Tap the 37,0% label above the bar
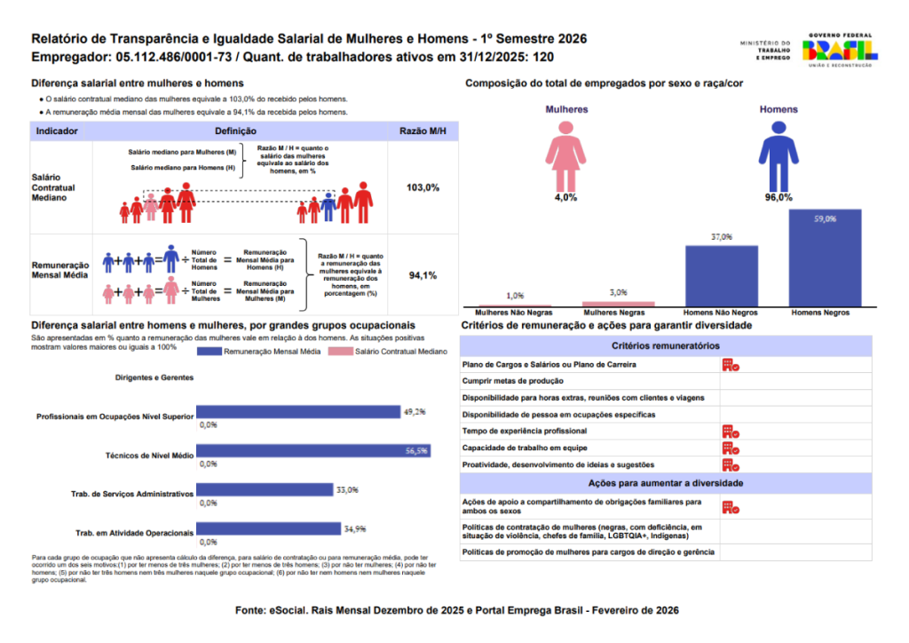[x=721, y=237]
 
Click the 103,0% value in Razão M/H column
[x=423, y=188]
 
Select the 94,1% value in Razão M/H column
[x=423, y=275]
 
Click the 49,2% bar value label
[x=415, y=412]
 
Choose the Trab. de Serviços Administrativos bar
[x=264, y=490]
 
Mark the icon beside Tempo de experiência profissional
[x=731, y=432]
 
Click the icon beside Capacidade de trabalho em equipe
[x=731, y=449]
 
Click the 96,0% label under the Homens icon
[x=779, y=197]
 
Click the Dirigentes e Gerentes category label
[x=154, y=377]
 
